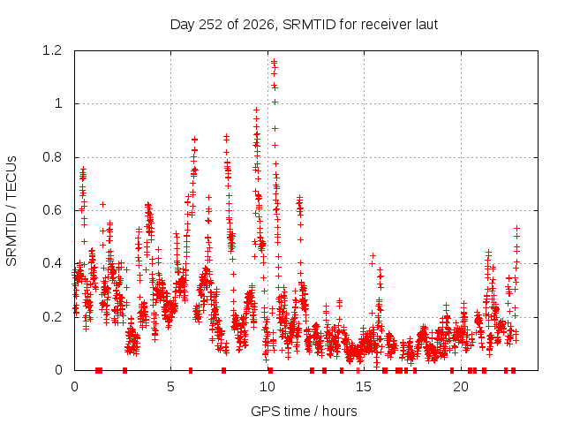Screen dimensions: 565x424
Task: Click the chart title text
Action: point(304,25)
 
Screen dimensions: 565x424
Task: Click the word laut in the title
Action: point(426,24)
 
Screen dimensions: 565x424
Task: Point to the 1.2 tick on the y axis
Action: point(52,50)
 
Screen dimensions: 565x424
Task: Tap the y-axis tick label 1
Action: point(58,104)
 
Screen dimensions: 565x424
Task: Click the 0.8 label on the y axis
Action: point(52,157)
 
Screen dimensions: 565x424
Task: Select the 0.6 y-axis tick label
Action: point(52,210)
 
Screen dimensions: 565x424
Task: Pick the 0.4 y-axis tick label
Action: point(52,263)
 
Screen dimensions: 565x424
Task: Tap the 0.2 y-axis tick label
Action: point(52,317)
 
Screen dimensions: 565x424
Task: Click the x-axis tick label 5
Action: point(170,387)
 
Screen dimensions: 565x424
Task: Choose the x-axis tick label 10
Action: point(267,387)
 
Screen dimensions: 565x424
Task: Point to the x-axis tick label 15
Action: point(364,387)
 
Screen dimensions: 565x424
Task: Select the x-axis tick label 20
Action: point(461,387)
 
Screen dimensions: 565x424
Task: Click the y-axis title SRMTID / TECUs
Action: point(11,211)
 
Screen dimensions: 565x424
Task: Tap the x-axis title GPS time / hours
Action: point(304,411)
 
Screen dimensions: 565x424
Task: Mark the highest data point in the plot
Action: point(274,61)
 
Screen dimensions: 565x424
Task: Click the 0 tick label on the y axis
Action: point(58,370)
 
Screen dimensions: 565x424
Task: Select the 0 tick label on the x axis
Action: point(74,387)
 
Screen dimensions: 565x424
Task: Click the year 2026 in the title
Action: point(259,25)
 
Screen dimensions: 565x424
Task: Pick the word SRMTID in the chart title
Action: point(309,24)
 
